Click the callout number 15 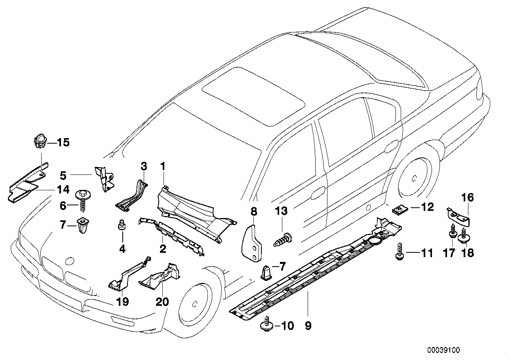(63, 142)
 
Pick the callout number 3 (144, 165)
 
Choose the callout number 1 (162, 166)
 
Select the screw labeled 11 (399, 252)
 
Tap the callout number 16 (468, 197)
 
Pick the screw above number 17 (452, 232)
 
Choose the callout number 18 (468, 253)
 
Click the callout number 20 (162, 302)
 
